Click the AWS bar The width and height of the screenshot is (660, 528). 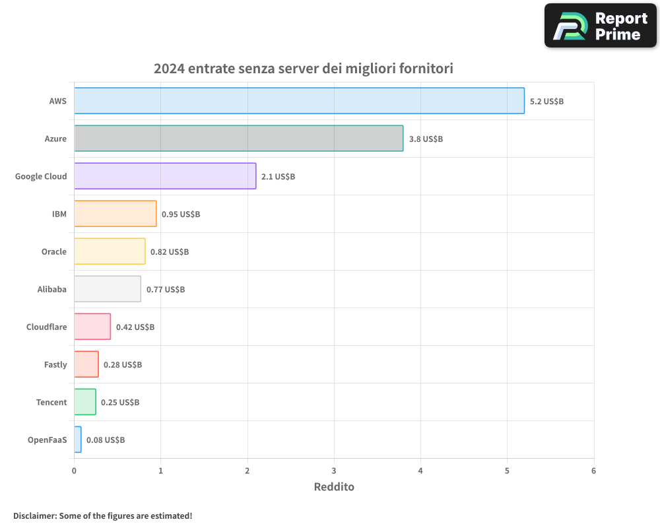point(299,101)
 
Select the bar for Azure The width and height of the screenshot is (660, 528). point(238,139)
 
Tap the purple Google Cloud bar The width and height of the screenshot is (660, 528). point(165,176)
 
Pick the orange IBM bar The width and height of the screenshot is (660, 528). point(115,214)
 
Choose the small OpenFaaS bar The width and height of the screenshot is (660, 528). point(78,440)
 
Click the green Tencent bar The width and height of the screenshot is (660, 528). point(85,402)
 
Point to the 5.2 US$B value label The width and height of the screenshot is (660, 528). point(546,102)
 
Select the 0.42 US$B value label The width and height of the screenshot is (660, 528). point(135,327)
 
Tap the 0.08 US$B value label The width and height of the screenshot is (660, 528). point(106,440)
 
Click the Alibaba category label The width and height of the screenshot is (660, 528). point(52,289)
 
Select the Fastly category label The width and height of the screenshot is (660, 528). point(55,364)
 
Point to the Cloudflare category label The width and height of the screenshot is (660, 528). point(46,327)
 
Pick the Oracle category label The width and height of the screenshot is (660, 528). point(53,251)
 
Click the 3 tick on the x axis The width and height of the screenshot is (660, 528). point(334,471)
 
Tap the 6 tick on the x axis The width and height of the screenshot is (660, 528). point(593,471)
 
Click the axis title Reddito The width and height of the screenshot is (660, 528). point(334,487)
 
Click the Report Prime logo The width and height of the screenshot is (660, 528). point(600,26)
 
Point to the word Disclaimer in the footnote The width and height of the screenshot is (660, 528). point(34,515)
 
